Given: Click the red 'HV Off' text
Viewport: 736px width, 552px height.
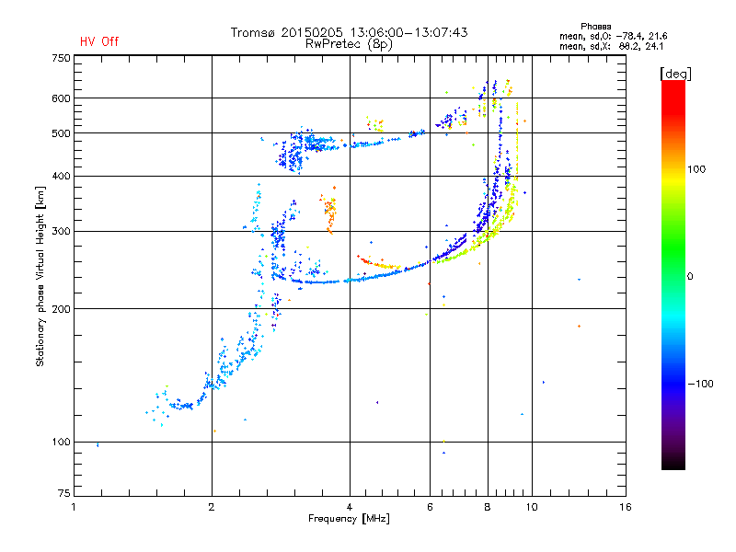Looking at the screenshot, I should pyautogui.click(x=98, y=41).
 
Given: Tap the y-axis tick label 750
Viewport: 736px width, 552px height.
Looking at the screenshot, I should pyautogui.click(x=61, y=58).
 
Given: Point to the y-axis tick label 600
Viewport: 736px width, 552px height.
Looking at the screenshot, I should pyautogui.click(x=61, y=98).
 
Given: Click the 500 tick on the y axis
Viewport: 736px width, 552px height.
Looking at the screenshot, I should pyautogui.click(x=61, y=133).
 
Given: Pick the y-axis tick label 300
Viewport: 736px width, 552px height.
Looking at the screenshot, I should pyautogui.click(x=61, y=231).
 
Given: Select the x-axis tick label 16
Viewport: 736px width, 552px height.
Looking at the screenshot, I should pyautogui.click(x=625, y=507).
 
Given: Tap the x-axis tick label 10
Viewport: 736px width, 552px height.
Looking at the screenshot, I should pyautogui.click(x=531, y=507).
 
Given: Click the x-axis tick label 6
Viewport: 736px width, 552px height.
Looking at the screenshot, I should pyautogui.click(x=430, y=507).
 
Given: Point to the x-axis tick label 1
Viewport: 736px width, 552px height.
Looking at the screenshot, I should pyautogui.click(x=74, y=507).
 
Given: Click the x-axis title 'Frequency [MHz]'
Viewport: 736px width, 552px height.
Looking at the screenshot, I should pyautogui.click(x=350, y=519).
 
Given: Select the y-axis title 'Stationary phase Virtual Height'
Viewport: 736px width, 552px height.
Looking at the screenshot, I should pyautogui.click(x=40, y=276).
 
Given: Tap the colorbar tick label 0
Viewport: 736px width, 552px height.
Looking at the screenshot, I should pyautogui.click(x=691, y=276).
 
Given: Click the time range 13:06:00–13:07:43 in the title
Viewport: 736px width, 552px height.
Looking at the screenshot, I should pyautogui.click(x=405, y=32).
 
